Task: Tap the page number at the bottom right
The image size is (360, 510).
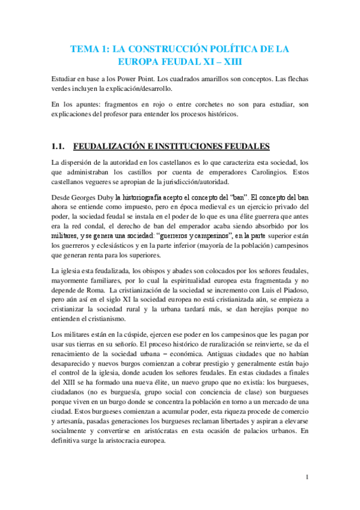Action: coord(307,478)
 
